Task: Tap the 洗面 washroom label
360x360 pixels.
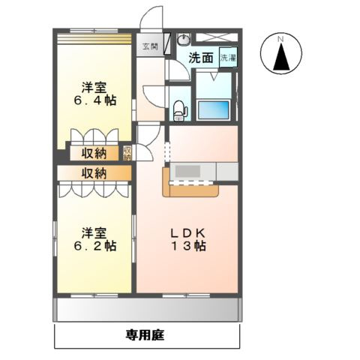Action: point(200,58)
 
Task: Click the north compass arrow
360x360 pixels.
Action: point(281,56)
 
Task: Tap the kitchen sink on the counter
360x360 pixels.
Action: point(184,171)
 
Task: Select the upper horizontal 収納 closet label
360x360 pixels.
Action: point(94,154)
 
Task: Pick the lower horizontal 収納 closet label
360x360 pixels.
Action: point(94,173)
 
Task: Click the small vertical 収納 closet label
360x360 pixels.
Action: point(127,153)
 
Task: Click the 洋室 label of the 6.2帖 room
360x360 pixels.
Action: point(94,230)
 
